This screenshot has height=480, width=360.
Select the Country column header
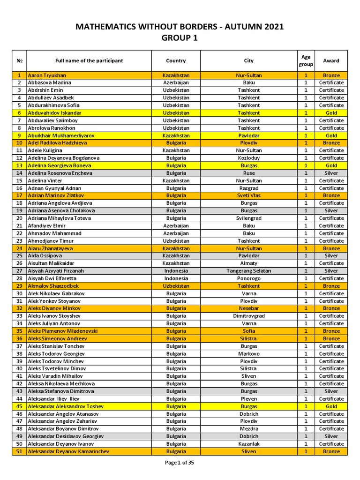click(x=176, y=60)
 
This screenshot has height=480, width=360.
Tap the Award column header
click(x=331, y=60)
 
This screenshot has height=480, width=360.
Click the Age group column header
click(x=306, y=61)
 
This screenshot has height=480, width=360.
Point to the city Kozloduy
click(x=248, y=158)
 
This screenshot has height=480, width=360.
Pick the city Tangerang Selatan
click(x=248, y=271)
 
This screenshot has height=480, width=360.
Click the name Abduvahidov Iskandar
click(x=54, y=113)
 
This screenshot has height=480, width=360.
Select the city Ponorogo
click(x=248, y=278)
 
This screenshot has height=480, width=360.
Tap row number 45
click(x=19, y=406)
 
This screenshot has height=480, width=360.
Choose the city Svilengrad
click(x=248, y=218)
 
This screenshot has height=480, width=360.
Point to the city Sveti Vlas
click(x=248, y=195)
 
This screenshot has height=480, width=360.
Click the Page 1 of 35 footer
click(x=180, y=463)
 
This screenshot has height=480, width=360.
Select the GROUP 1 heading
click(x=180, y=38)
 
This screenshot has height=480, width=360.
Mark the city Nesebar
click(x=248, y=308)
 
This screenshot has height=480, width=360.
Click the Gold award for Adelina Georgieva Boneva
click(x=331, y=165)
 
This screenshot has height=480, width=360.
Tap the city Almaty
click(x=248, y=263)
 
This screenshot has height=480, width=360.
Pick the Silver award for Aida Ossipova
click(x=331, y=256)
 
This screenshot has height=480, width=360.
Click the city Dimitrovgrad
click(x=248, y=316)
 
